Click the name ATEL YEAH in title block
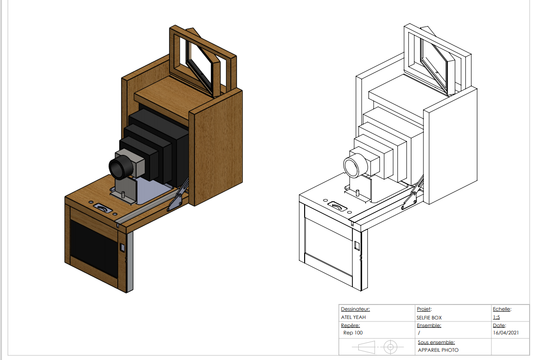353,317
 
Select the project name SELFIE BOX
429,318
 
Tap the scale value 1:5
496,318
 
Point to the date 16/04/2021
505,333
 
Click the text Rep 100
352,333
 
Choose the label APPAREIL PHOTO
438,350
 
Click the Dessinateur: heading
355,309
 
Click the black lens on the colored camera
119,167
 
